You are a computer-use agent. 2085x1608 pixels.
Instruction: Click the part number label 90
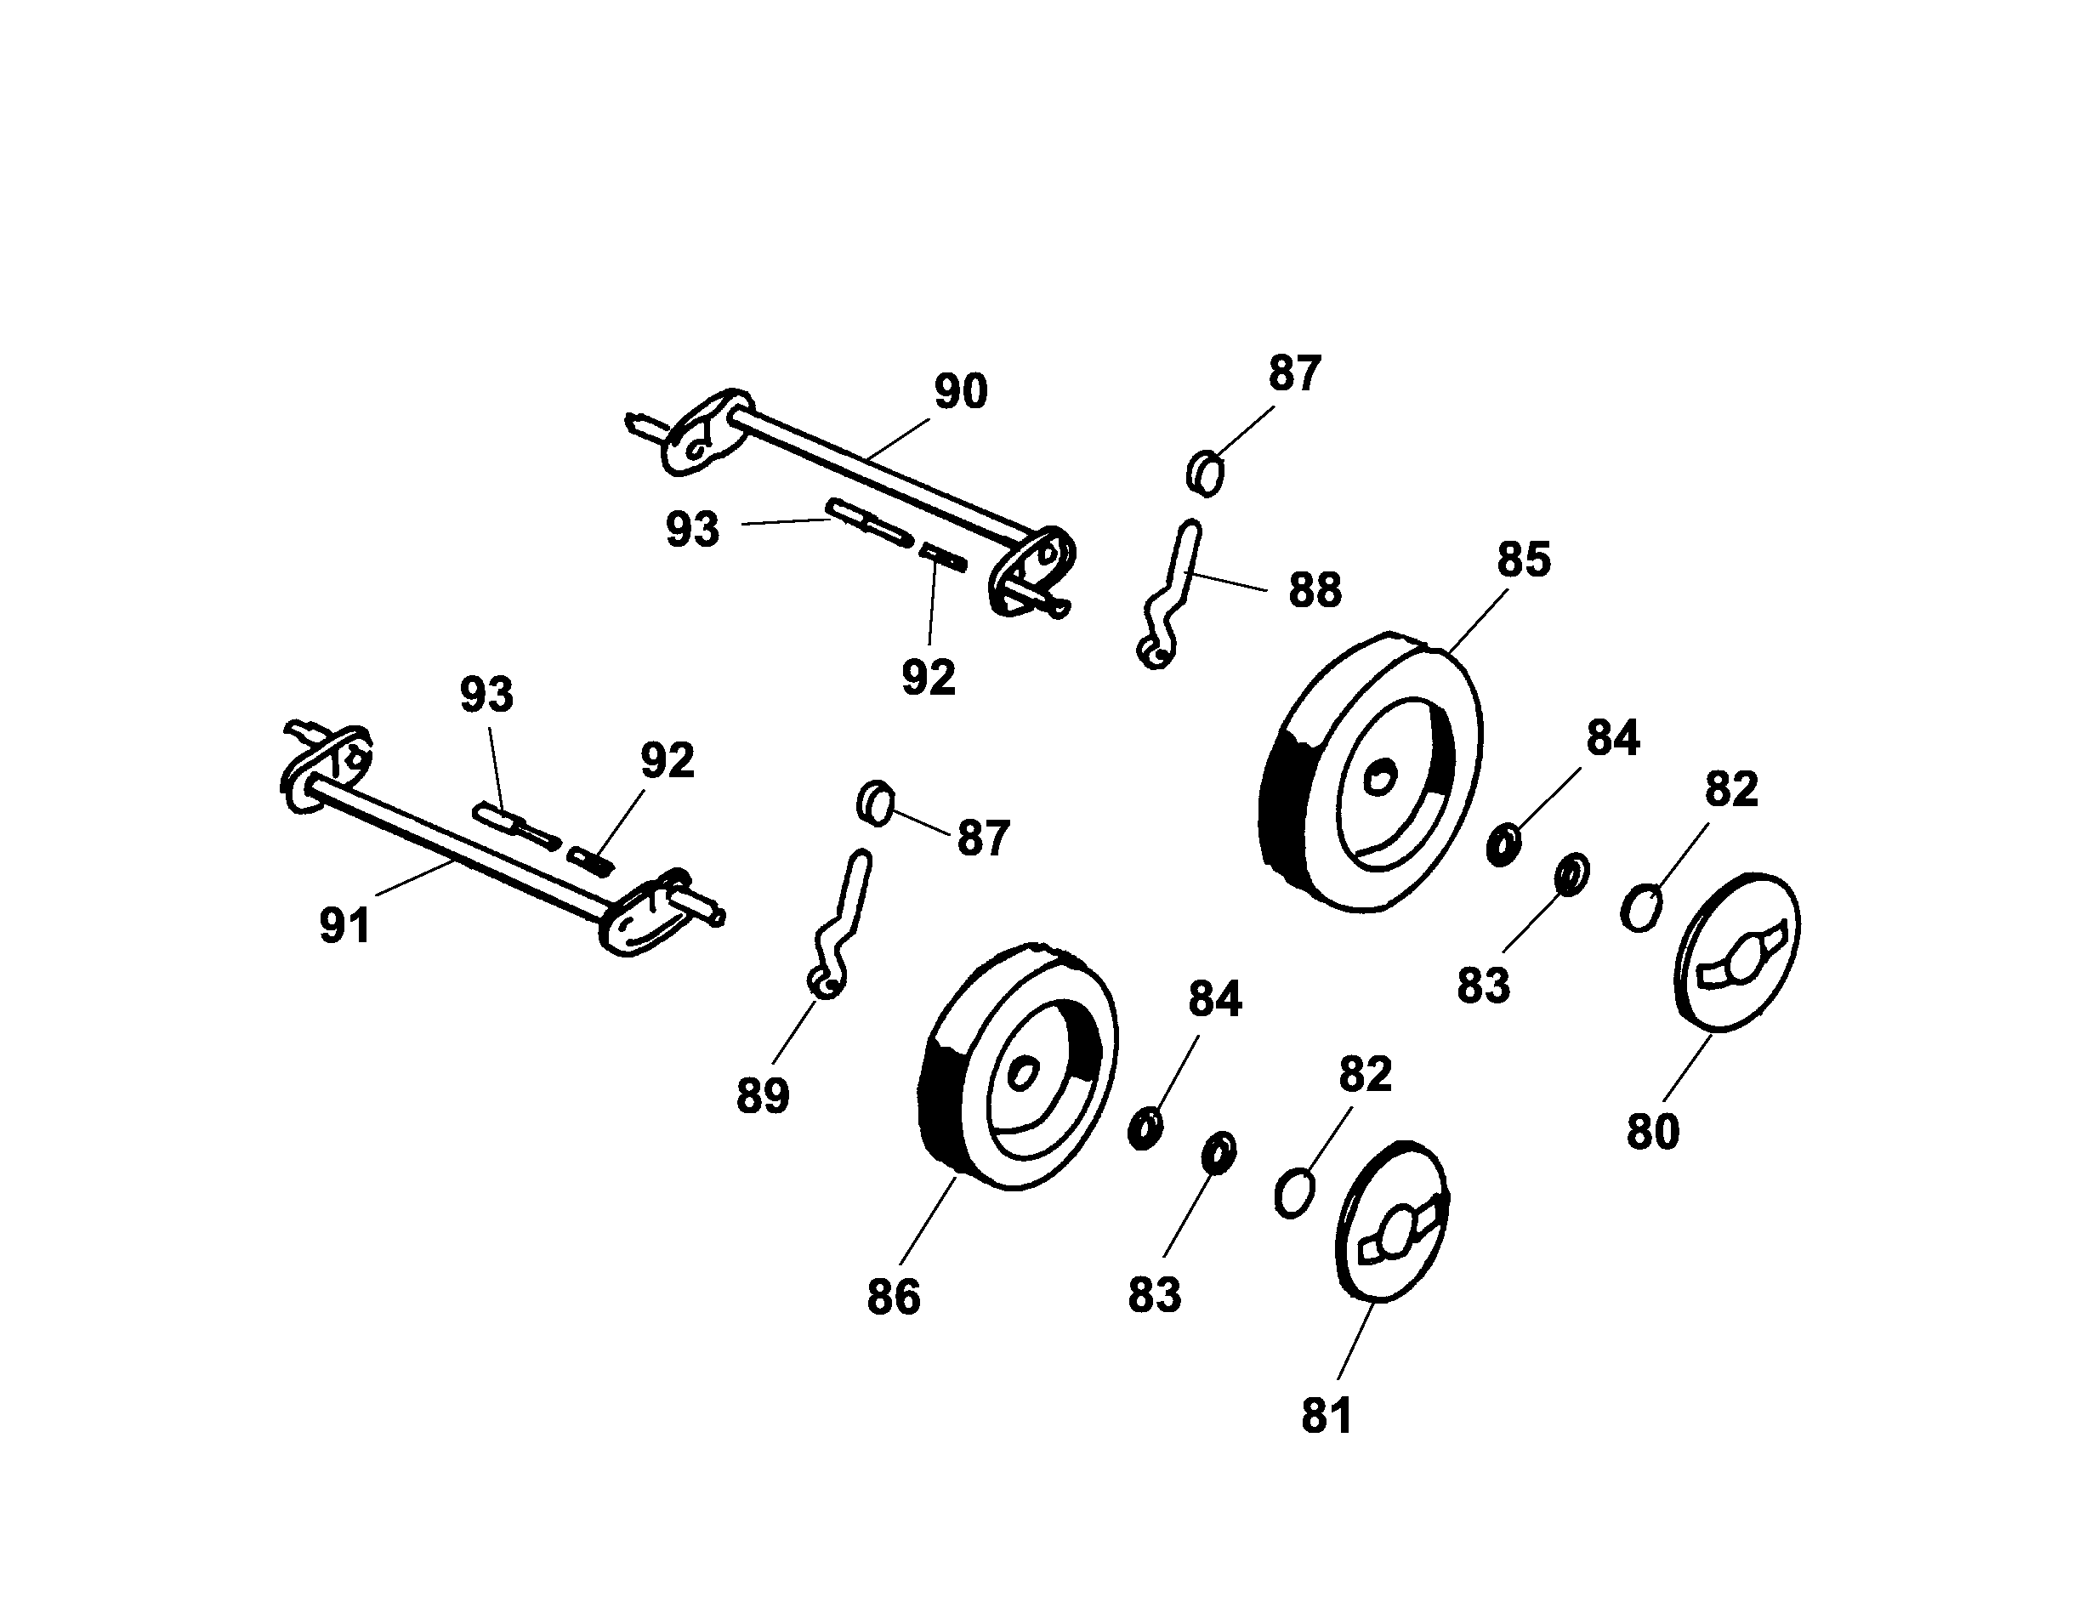click(x=959, y=391)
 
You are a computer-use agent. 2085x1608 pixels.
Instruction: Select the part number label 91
click(x=344, y=925)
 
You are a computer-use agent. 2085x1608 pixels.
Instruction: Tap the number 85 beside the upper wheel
click(x=1524, y=560)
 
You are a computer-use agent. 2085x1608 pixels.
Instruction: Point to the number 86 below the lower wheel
click(x=894, y=1297)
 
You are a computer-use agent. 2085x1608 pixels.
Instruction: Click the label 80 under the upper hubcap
click(x=1652, y=1132)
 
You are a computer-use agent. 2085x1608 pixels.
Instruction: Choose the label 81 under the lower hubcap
click(x=1327, y=1415)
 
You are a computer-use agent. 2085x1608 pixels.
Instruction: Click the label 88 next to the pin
click(x=1315, y=590)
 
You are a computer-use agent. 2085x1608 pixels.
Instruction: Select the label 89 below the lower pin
click(x=763, y=1095)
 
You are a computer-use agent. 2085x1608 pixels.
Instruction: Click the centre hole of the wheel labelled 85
click(x=1378, y=778)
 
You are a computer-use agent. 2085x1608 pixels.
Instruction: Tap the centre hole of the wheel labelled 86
click(x=1022, y=1074)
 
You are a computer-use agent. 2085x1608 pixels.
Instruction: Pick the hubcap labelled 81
click(x=1392, y=1221)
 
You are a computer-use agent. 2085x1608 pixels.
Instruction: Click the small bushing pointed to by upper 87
click(x=1205, y=473)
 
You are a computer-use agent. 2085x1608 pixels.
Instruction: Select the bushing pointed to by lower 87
click(x=874, y=803)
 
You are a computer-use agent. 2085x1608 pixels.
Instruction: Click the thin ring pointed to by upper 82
click(x=1640, y=907)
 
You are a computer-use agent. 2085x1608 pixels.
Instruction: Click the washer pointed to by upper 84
click(x=1504, y=846)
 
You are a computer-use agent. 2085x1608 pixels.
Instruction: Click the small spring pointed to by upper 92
click(x=944, y=557)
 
